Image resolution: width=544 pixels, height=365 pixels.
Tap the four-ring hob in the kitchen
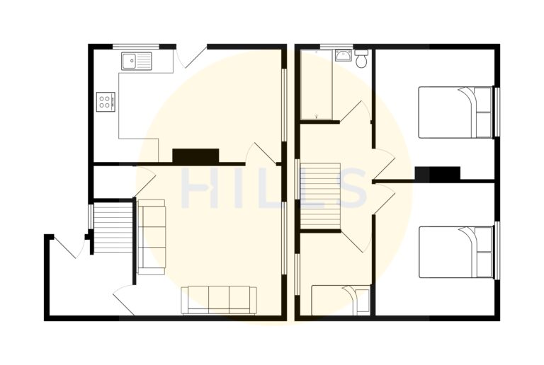(x=106, y=101)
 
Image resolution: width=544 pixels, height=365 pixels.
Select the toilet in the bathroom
(x=362, y=59)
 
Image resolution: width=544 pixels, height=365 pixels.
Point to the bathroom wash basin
(x=344, y=56)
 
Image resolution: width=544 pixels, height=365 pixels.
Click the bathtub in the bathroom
(x=317, y=84)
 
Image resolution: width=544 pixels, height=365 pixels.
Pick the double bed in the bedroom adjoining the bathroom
(x=455, y=112)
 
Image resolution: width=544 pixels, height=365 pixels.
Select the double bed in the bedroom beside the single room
(x=455, y=252)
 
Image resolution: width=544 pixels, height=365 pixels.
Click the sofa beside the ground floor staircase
(x=151, y=236)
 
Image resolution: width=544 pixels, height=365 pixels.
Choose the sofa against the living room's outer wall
(x=220, y=299)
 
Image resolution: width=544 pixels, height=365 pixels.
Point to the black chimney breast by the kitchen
(x=195, y=156)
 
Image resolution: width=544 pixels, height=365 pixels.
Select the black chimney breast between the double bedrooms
(x=438, y=173)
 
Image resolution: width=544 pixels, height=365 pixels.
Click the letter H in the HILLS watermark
(x=200, y=189)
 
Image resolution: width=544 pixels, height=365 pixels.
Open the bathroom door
(x=355, y=114)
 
